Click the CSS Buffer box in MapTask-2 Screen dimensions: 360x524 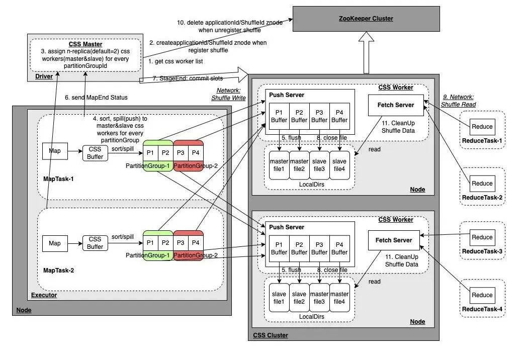(95, 243)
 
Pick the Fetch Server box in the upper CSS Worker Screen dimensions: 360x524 (395, 105)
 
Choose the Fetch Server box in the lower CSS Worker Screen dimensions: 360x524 (394, 240)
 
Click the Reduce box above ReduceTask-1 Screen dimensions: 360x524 (482, 127)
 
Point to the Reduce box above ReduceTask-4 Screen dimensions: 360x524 (482, 295)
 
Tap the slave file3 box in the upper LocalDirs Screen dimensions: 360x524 (319, 165)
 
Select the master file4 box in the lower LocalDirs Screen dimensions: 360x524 (339, 298)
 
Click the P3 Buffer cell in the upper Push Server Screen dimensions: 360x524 (319, 117)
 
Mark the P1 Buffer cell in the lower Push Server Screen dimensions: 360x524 (279, 248)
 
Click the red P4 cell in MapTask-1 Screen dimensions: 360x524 (195, 152)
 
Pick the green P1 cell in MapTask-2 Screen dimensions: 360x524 (150, 243)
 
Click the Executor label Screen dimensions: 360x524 (44, 295)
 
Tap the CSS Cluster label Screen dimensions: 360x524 (270, 335)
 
